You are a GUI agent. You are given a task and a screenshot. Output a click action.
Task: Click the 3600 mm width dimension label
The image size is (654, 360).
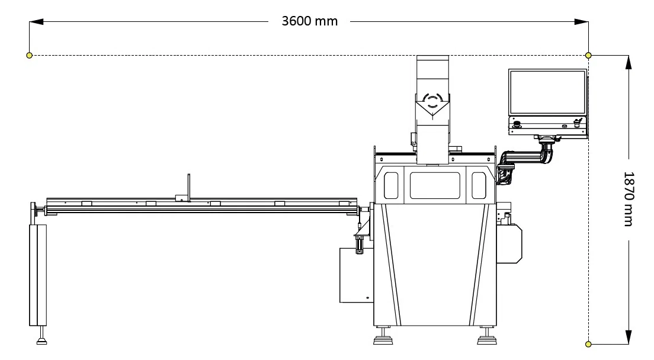tap(309, 21)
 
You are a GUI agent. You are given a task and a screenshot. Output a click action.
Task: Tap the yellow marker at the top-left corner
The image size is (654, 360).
tap(29, 55)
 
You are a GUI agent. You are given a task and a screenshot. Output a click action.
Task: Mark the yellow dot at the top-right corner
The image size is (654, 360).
tap(588, 55)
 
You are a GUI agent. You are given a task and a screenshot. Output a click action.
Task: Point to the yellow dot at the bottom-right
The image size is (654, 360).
tap(588, 343)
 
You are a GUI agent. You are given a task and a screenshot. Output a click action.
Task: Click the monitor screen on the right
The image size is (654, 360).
tap(547, 92)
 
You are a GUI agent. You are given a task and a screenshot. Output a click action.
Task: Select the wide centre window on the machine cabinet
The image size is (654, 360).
tap(435, 185)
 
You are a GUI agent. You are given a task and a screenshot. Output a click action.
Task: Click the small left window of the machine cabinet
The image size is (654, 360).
tap(390, 185)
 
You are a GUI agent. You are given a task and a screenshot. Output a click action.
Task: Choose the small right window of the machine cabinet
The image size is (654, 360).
tap(478, 185)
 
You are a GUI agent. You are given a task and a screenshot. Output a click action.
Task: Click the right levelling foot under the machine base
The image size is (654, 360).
tap(486, 339)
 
